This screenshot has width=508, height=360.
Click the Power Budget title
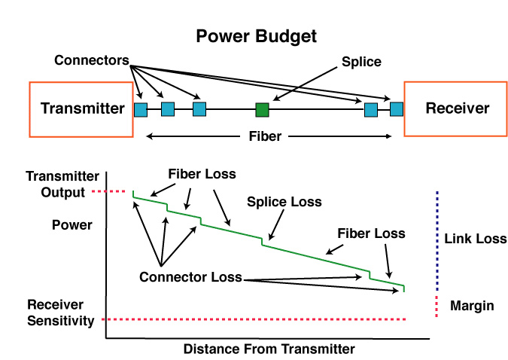257,36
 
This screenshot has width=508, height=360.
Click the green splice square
262,110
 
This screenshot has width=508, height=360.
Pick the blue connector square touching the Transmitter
141,110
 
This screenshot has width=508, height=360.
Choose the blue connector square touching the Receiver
397,109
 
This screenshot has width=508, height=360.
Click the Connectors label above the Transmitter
92,60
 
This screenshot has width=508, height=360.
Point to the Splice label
361,62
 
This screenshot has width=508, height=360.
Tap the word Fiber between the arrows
265,136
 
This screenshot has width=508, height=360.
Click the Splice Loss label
284,202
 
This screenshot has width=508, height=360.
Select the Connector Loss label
190,277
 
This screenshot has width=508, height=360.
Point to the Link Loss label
476,239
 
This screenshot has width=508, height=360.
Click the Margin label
472,306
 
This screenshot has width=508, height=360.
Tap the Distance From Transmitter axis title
269,349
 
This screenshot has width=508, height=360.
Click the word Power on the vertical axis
72,224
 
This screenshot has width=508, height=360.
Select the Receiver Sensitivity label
61,313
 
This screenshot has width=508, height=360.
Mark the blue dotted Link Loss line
437,241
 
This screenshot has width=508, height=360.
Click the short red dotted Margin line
437,307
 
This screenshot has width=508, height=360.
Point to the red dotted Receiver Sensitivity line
254,319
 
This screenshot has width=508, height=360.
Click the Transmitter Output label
62,185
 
